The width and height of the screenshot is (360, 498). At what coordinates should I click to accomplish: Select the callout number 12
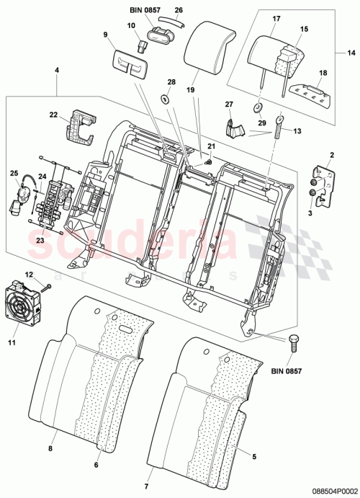30,274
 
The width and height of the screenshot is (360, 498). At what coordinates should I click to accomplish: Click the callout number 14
351,53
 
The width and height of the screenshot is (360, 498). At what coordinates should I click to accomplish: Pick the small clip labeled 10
143,48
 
